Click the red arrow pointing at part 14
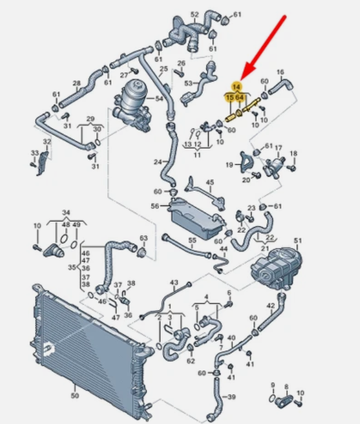(263, 48)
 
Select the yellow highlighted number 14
(236, 87)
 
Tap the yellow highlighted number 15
(230, 97)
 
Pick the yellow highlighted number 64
(239, 97)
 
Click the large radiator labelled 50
(90, 352)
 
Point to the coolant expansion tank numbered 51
(276, 267)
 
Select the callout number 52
(195, 15)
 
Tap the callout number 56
(155, 206)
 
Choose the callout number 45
(210, 182)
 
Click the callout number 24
(158, 162)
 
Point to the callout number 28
(77, 83)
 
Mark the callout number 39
(231, 397)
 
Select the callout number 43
(174, 283)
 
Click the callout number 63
(144, 238)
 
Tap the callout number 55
(192, 240)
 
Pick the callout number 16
(280, 72)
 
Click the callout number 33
(35, 153)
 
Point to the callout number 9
(273, 385)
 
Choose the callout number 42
(270, 306)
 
